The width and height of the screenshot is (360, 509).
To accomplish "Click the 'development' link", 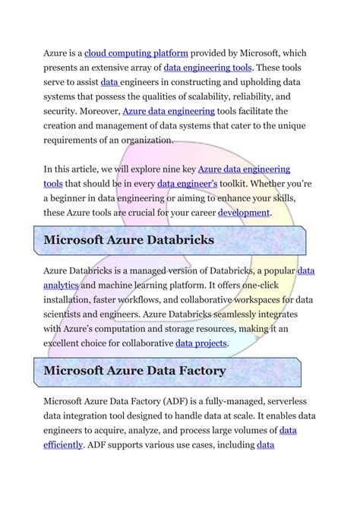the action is [x=244, y=213].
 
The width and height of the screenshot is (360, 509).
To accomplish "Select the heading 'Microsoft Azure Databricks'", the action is [x=128, y=241].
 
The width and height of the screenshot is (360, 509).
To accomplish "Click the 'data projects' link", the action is [x=201, y=343].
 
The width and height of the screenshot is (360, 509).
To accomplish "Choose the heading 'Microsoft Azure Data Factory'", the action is [x=134, y=371].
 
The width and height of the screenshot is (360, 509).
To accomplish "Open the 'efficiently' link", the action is [x=63, y=444].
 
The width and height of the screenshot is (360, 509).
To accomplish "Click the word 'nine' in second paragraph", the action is [x=163, y=169].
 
